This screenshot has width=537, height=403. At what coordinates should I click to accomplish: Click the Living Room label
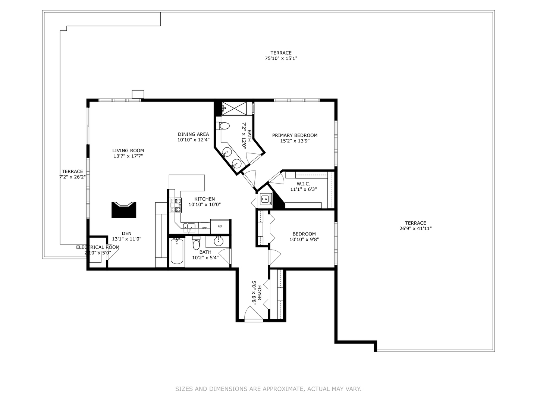(x=128, y=151)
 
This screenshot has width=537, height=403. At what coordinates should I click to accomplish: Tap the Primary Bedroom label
(x=295, y=135)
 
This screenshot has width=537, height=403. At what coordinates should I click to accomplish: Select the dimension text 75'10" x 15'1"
(x=281, y=59)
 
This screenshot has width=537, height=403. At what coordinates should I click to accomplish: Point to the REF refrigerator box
(x=220, y=227)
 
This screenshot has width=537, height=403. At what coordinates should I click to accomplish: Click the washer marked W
(x=266, y=199)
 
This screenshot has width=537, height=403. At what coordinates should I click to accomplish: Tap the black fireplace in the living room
(x=124, y=210)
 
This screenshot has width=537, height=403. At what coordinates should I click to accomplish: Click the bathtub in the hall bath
(x=177, y=252)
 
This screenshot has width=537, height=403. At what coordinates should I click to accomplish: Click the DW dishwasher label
(x=204, y=228)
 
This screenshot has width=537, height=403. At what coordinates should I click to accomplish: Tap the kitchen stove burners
(x=176, y=205)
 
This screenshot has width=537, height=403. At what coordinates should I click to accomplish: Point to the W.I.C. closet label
(x=303, y=184)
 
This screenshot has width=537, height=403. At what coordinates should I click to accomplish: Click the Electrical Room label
(x=98, y=247)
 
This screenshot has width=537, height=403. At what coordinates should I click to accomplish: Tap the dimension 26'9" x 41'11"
(x=415, y=229)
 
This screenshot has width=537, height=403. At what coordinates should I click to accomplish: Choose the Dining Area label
(x=193, y=134)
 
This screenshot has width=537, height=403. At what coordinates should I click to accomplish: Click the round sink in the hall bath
(x=218, y=241)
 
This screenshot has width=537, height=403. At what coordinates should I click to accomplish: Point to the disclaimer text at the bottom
(x=268, y=389)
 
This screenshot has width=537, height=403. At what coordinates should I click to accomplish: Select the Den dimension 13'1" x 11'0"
(x=126, y=239)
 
